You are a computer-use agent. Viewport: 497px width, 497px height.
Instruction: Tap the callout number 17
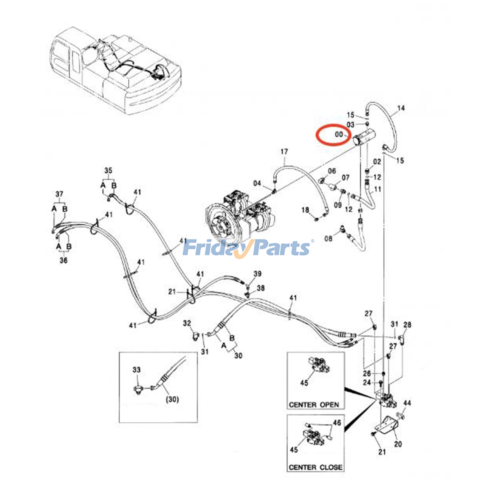coord(284,152)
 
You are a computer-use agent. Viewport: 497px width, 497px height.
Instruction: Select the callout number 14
coord(401,108)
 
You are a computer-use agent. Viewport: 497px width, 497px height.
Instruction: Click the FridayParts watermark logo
coord(247,248)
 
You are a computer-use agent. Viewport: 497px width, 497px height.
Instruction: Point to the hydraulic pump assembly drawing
coord(239,217)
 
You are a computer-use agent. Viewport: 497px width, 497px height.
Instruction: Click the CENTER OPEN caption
coord(314,405)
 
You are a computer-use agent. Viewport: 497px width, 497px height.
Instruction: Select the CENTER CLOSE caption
coord(316,467)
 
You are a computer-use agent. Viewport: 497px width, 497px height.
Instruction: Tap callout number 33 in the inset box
coord(137,370)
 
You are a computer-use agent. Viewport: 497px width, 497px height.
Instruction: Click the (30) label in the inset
coord(172,399)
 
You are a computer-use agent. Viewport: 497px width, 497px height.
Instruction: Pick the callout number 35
coord(108,171)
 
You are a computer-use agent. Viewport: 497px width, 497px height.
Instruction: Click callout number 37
coord(59,194)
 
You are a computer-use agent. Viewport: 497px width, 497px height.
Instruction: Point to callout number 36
coord(63,260)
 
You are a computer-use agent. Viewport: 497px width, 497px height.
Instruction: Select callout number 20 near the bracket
coord(398,444)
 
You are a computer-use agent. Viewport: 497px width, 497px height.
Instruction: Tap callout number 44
coord(407,403)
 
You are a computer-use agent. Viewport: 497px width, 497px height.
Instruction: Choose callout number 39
coord(258,274)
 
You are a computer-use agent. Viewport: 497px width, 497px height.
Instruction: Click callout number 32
coord(187,323)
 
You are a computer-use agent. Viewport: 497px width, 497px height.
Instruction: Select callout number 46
coord(337,423)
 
